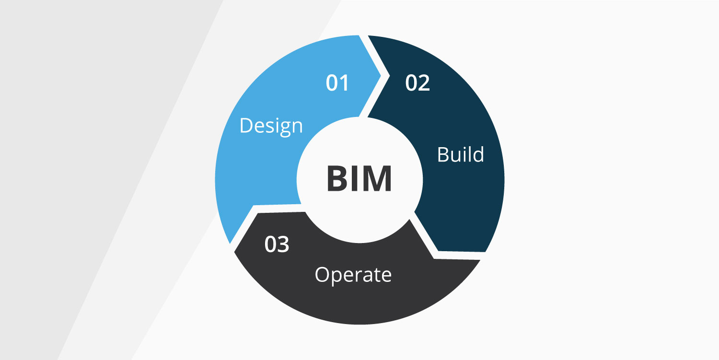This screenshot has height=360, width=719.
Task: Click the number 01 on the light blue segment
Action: (x=337, y=83)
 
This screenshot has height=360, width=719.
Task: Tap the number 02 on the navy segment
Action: (x=417, y=83)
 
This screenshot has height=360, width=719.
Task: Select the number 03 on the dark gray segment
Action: (x=277, y=244)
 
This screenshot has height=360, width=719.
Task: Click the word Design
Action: (x=271, y=127)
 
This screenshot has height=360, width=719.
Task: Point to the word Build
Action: (x=461, y=154)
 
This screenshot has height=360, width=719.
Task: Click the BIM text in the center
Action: (x=359, y=178)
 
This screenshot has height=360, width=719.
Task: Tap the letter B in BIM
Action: (x=337, y=178)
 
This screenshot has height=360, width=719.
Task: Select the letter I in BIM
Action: (x=355, y=178)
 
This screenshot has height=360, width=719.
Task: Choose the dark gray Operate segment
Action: (x=353, y=289)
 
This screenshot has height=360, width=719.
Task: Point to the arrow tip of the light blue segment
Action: (x=381, y=76)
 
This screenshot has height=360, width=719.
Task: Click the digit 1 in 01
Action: (x=344, y=83)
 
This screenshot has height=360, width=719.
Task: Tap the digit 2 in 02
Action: (x=424, y=83)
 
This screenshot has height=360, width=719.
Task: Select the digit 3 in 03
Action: (x=283, y=244)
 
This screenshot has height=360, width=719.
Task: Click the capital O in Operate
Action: (x=322, y=275)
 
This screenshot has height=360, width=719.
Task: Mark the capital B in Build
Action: (x=443, y=155)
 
